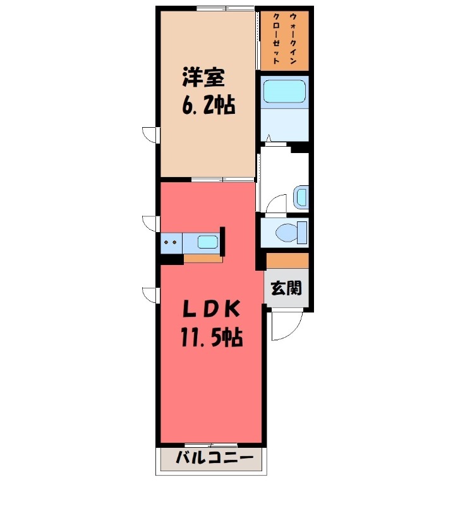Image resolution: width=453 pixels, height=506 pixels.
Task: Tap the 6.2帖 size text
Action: tap(208, 106)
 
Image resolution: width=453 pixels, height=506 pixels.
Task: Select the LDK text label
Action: tap(211, 309)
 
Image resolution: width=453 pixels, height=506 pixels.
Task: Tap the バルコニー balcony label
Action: tap(214, 457)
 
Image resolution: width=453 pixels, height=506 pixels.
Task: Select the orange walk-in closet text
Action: tap(284, 40)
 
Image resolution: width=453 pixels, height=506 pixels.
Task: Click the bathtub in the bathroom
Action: tap(284, 92)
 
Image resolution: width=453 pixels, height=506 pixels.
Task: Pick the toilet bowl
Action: tap(287, 232)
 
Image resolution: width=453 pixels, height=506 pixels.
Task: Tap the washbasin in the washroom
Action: tap(301, 198)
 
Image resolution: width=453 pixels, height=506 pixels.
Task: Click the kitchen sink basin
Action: tap(207, 242)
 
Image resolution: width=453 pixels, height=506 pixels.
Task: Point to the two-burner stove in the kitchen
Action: tap(170, 242)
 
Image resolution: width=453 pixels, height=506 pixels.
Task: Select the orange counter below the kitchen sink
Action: tap(203, 258)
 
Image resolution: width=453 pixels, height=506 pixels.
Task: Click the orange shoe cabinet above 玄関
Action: tap(287, 260)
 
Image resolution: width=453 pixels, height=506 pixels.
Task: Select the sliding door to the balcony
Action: tap(211, 445)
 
